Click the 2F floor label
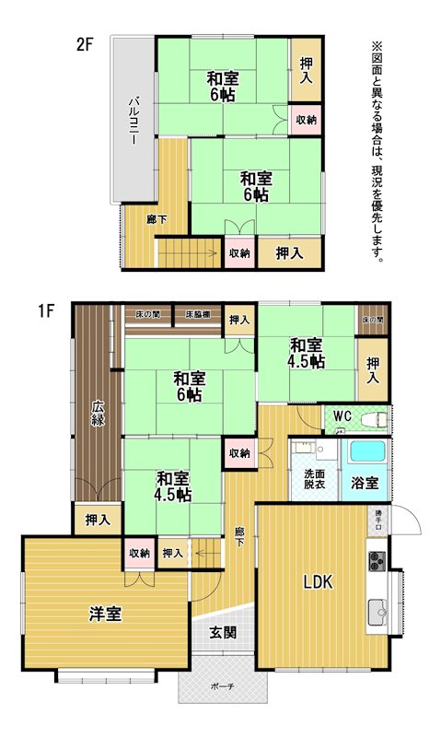pyautogui.click(x=85, y=44)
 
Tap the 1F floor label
pyautogui.click(x=47, y=310)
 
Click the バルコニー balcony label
pyautogui.click(x=134, y=120)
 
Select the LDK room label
pyautogui.click(x=318, y=582)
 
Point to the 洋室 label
pyautogui.click(x=105, y=614)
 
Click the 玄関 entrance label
pyautogui.click(x=223, y=633)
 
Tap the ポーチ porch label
pyautogui.click(x=223, y=686)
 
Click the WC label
pyautogui.click(x=342, y=416)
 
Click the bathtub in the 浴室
pyautogui.click(x=367, y=451)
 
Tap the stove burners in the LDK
pyautogui.click(x=377, y=561)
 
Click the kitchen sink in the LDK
pyautogui.click(x=377, y=613)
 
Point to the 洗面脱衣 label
pyautogui.click(x=314, y=479)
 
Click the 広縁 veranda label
pyautogui.click(x=98, y=413)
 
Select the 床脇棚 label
pyautogui.click(x=197, y=314)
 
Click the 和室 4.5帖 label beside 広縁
pyautogui.click(x=173, y=486)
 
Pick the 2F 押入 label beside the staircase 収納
pyautogui.click(x=289, y=253)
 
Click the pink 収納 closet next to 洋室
pyautogui.click(x=140, y=553)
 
